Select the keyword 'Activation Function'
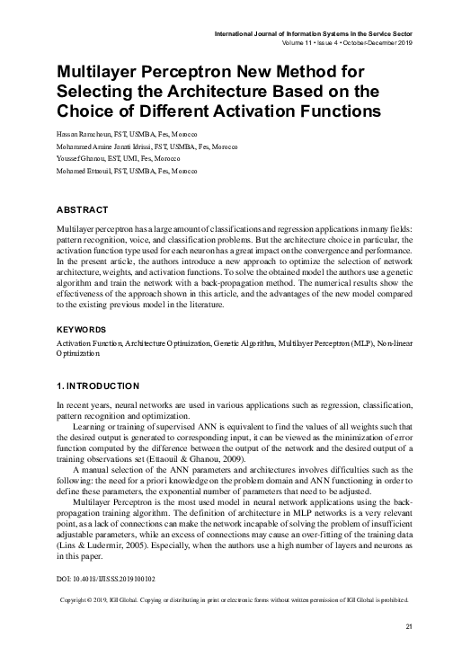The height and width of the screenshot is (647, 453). click(85, 344)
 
